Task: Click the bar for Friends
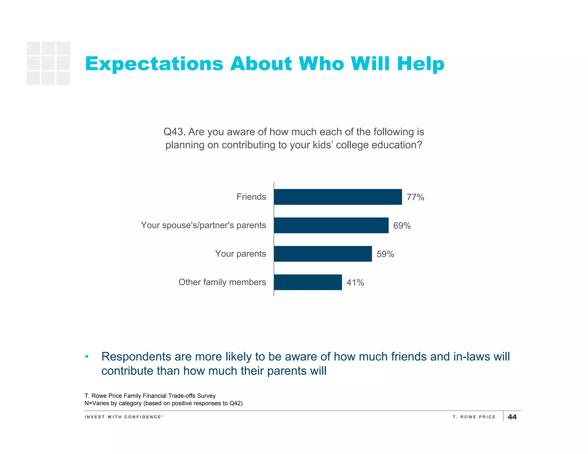338,197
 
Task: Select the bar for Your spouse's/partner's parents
331,225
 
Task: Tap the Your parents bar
323,254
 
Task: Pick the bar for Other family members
308,282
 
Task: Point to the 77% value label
415,197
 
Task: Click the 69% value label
402,226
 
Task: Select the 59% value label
385,254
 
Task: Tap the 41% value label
355,282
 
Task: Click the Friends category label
251,197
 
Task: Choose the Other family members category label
222,282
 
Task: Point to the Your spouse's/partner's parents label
203,225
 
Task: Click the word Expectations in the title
154,64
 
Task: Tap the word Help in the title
421,64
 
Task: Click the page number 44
512,417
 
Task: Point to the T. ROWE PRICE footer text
474,417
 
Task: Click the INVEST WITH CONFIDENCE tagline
123,417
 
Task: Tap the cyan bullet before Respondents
87,357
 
